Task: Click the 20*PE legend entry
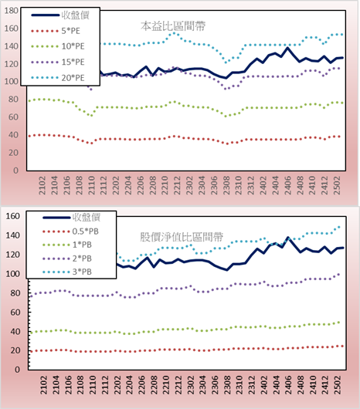(x=58, y=78)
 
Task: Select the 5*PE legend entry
(x=56, y=31)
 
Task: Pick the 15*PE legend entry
(x=58, y=62)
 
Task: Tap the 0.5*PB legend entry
(x=70, y=232)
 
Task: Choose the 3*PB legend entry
(x=67, y=272)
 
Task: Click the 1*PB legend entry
(x=67, y=245)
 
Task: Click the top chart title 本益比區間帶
(x=173, y=26)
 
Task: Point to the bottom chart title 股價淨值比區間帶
(x=182, y=237)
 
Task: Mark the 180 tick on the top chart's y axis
(x=12, y=11)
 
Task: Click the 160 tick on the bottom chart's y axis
(x=13, y=216)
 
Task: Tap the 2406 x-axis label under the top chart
(x=287, y=185)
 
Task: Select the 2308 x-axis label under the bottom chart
(x=227, y=385)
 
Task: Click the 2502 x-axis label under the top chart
(x=337, y=185)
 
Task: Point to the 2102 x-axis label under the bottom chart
(x=43, y=385)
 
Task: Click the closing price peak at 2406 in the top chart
(x=287, y=48)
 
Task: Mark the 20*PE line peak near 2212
(x=174, y=33)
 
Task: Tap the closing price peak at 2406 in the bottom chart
(x=288, y=238)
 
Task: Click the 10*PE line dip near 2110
(x=91, y=115)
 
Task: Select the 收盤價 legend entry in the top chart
(x=60, y=15)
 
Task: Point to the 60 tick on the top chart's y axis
(x=13, y=117)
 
